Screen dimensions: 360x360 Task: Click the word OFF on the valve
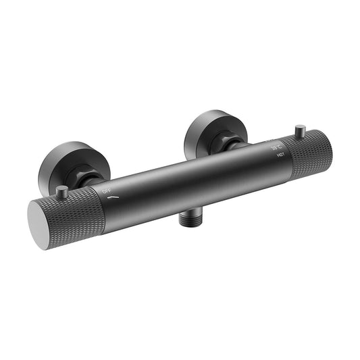coord(107,192)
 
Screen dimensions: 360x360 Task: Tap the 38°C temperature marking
coord(275,147)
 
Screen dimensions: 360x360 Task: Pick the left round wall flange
coord(64,165)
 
